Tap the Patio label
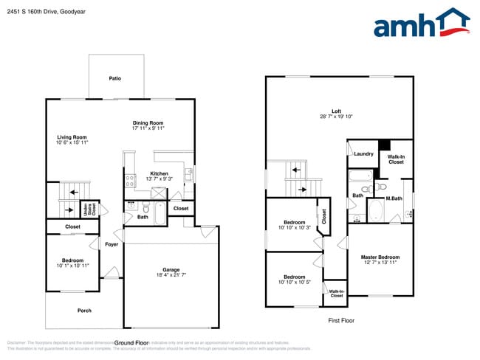pyautogui.click(x=114, y=78)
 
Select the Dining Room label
pyautogui.click(x=148, y=122)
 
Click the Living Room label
pyautogui.click(x=72, y=137)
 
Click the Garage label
pyautogui.click(x=171, y=269)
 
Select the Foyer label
pyautogui.click(x=112, y=244)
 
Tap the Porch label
pyautogui.click(x=84, y=311)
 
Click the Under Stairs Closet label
pyautogui.click(x=88, y=209)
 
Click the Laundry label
pyautogui.click(x=363, y=154)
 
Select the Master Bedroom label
pyautogui.click(x=380, y=257)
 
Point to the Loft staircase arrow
pyautogui.click(x=296, y=170)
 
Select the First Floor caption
pyautogui.click(x=342, y=321)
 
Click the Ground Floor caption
pyautogui.click(x=133, y=343)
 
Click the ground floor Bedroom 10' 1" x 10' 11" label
pyautogui.click(x=72, y=263)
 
